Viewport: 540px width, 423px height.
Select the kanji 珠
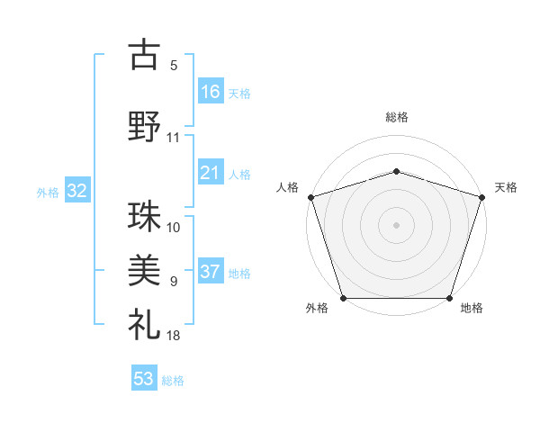(x=144, y=219)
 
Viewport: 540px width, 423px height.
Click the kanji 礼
(x=144, y=322)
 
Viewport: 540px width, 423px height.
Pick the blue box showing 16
(x=211, y=91)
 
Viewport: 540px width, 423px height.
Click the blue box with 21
(x=211, y=173)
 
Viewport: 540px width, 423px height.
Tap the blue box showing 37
(x=211, y=272)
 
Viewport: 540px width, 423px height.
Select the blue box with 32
(x=76, y=191)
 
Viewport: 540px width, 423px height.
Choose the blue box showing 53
(x=143, y=379)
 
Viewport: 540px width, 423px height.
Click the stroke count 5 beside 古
(x=174, y=65)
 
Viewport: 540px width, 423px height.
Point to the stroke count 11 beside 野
(x=174, y=138)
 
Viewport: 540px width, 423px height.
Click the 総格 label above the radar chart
(x=396, y=117)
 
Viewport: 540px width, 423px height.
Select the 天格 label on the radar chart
(x=506, y=187)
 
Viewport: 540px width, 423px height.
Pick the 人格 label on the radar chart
(x=287, y=187)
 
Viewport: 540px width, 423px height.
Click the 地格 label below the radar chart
(x=472, y=308)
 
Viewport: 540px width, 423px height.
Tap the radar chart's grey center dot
(x=396, y=224)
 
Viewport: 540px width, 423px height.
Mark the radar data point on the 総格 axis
(x=396, y=171)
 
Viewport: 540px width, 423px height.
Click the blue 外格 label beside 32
(x=48, y=192)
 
